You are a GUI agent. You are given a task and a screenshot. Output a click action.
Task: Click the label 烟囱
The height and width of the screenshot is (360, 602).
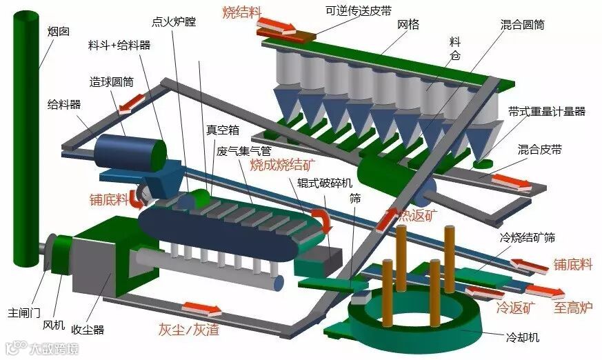point(57,32)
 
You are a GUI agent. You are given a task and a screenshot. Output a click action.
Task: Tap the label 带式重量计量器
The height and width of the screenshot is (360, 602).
point(547,110)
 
